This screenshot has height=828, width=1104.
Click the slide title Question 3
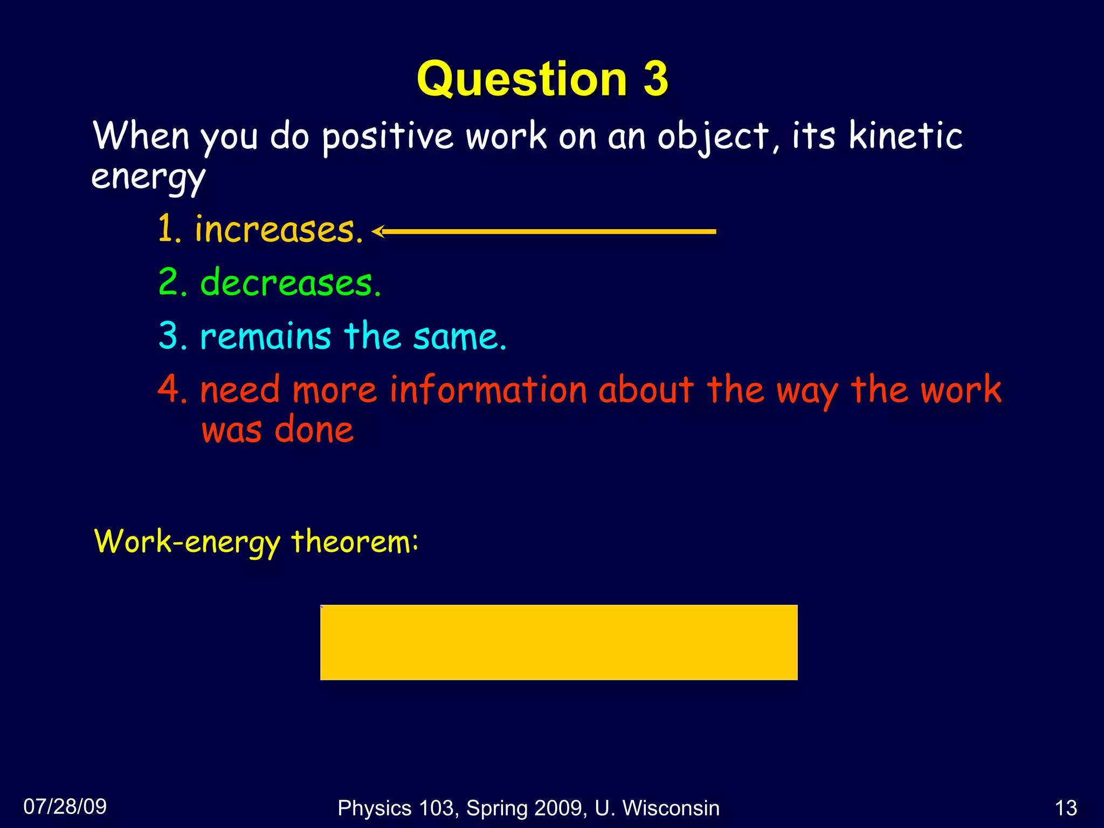pyautogui.click(x=542, y=79)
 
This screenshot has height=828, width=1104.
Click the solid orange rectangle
pyautogui.click(x=558, y=642)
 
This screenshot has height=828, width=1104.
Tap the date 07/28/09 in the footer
pyautogui.click(x=65, y=806)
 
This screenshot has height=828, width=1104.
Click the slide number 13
pyautogui.click(x=1065, y=808)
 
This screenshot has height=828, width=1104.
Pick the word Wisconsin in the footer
pyautogui.click(x=671, y=808)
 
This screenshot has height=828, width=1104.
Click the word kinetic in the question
pyautogui.click(x=906, y=135)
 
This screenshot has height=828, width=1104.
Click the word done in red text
pyautogui.click(x=314, y=430)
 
